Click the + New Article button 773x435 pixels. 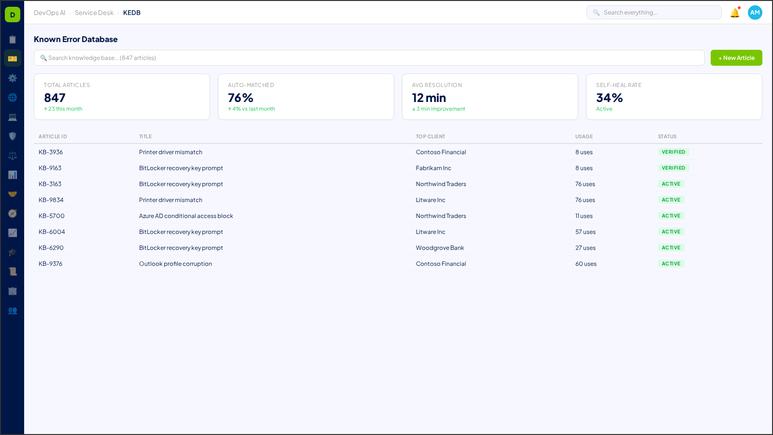(736, 58)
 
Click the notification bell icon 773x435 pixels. (735, 13)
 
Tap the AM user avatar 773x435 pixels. (755, 13)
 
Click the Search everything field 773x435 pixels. (654, 13)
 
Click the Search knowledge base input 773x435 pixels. (369, 58)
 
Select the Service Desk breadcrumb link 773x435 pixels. (94, 13)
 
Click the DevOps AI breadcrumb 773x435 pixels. (49, 13)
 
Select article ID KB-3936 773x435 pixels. (51, 152)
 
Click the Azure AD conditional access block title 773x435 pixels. (186, 216)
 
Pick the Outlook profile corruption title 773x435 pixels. (175, 264)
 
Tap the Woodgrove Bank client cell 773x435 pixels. (440, 248)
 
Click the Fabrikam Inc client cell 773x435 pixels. (433, 168)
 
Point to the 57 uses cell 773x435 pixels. (585, 232)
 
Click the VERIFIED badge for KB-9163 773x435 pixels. (673, 168)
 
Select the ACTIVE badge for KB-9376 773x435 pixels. (671, 264)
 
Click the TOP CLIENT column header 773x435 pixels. (430, 137)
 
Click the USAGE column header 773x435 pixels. (584, 137)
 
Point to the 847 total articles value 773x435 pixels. (55, 98)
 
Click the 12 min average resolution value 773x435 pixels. (429, 98)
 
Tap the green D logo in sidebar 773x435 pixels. (13, 14)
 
